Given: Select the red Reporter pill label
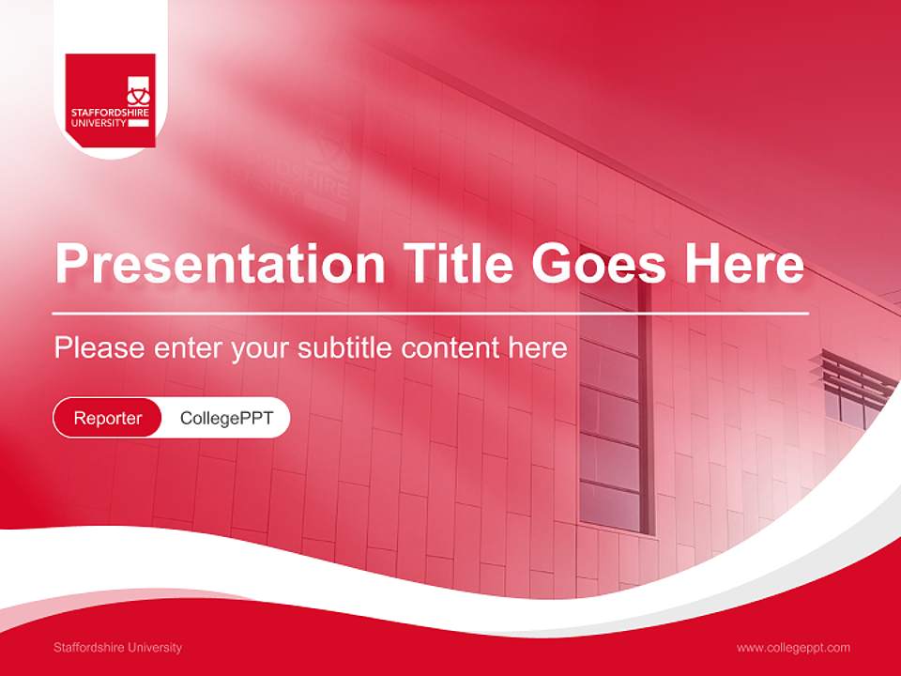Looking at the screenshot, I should pyautogui.click(x=108, y=418).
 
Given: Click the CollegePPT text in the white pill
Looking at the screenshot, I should pyautogui.click(x=226, y=418).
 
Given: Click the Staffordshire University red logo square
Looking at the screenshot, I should pyautogui.click(x=110, y=100).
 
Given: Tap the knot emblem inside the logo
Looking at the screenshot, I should pyautogui.click(x=138, y=92).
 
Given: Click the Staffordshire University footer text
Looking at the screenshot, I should pyautogui.click(x=118, y=648).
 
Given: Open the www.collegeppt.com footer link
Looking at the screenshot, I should pyautogui.click(x=793, y=648).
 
